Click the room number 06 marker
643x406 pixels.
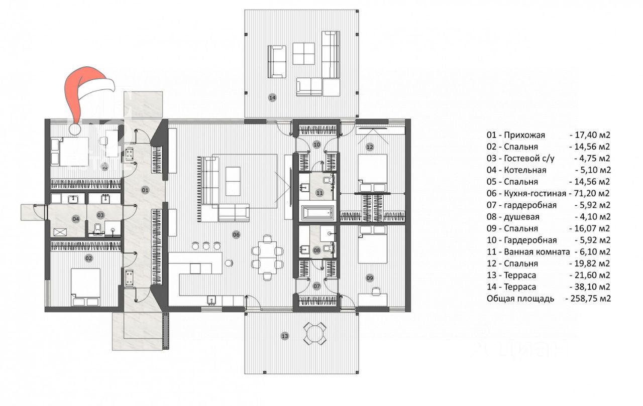(236, 235)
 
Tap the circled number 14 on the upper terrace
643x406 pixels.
(272, 97)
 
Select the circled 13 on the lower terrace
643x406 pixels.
(285, 336)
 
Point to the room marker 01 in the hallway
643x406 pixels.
(145, 190)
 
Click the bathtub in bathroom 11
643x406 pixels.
(318, 213)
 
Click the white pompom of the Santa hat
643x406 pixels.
(75, 129)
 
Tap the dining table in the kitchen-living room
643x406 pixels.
(267, 257)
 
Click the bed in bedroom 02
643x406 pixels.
(86, 287)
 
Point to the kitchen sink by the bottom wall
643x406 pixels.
(212, 300)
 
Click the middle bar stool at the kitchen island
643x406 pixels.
(206, 246)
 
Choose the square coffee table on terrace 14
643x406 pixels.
(303, 54)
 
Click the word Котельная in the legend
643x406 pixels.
(525, 170)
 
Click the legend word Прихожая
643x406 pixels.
(524, 135)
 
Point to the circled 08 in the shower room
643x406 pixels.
(316, 250)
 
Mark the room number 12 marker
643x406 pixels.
(370, 147)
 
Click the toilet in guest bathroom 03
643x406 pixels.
(97, 228)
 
